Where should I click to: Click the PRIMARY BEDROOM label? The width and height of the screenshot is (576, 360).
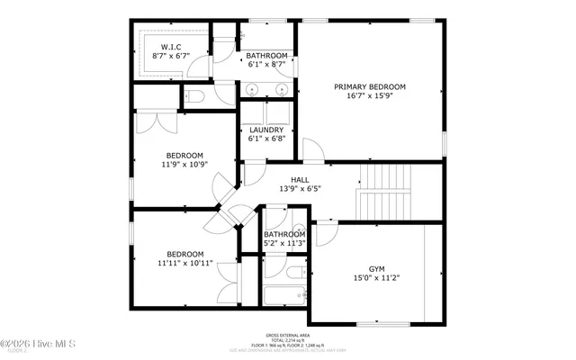370,87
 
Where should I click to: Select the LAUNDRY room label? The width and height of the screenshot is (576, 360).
266,130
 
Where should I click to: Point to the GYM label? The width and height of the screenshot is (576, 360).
376,268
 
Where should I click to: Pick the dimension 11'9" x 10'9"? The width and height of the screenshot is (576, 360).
184,165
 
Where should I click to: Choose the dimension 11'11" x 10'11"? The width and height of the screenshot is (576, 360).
181,264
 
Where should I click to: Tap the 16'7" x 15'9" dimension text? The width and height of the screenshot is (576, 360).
370,97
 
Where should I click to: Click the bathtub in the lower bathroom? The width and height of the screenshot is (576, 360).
285,295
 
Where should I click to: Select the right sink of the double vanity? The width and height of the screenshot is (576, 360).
282,90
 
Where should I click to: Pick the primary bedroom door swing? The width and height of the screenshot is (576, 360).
312,150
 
